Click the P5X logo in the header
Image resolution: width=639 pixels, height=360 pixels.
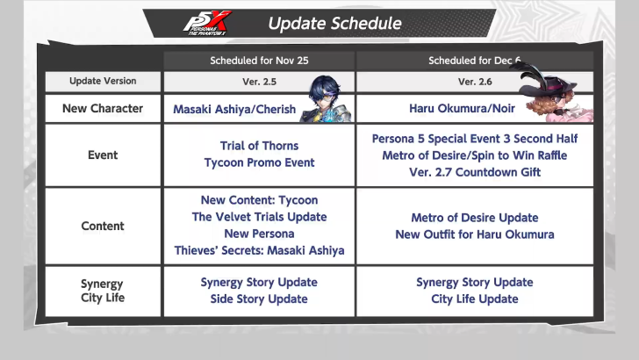[x=208, y=23]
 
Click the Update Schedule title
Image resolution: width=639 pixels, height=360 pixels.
[x=334, y=24]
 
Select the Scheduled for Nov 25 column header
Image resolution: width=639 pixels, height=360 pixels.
[x=259, y=61]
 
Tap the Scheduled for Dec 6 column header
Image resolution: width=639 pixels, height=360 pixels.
[x=474, y=61]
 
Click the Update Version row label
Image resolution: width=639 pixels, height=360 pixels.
[x=103, y=82]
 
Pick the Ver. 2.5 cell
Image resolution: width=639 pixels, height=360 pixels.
[x=259, y=82]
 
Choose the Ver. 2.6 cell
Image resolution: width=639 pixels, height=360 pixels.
[x=474, y=82]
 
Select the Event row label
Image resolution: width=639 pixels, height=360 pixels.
[x=103, y=155]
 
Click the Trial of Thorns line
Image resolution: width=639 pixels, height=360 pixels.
[x=259, y=146]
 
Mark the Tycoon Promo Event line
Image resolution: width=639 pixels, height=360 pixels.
[x=259, y=162]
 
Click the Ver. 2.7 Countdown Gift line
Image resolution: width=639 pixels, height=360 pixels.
[x=474, y=171]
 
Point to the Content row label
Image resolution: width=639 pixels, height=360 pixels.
[x=103, y=226]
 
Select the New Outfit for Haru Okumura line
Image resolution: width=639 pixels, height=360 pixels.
[x=474, y=234]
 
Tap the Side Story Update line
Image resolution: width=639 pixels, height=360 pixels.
[x=259, y=299]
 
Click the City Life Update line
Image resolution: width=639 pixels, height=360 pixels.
[x=474, y=299]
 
